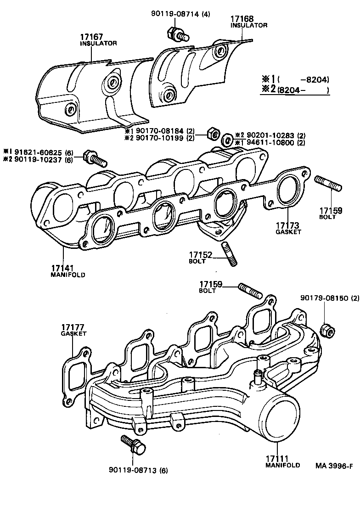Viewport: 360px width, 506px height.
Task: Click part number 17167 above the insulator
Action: (x=91, y=37)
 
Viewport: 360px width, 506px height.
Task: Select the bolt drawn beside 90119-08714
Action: (x=176, y=34)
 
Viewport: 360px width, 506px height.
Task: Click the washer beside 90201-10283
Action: (x=227, y=139)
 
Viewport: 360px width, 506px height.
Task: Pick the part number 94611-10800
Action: (x=269, y=142)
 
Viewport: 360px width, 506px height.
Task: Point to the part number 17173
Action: (x=288, y=225)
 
